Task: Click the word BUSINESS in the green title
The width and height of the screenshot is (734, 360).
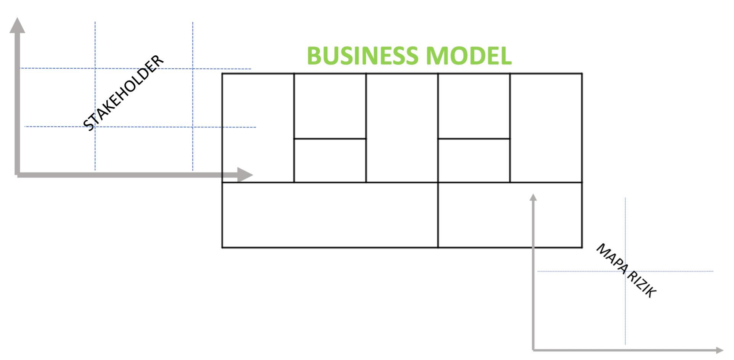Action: tap(362, 56)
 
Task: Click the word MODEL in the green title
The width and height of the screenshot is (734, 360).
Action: tap(469, 56)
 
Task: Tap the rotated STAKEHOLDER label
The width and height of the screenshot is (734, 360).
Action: tap(124, 93)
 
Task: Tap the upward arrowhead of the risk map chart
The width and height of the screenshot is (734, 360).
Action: tap(533, 197)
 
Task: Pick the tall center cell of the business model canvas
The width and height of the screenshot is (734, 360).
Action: tap(402, 128)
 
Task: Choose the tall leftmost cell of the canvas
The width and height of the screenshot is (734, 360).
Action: tap(258, 128)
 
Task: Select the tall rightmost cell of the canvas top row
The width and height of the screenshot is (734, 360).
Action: tap(546, 128)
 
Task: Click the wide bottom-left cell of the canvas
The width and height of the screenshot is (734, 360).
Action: tap(330, 215)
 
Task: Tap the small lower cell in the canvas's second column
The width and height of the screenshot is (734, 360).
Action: tap(330, 161)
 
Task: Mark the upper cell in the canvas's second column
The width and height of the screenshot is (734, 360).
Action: tap(330, 106)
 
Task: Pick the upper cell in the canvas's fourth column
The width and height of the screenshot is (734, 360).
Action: tap(474, 106)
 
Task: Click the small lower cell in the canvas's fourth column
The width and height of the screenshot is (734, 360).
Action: tap(474, 161)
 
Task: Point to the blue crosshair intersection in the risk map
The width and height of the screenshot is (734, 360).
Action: tap(625, 271)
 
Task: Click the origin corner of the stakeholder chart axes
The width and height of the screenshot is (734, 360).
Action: tap(18, 175)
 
